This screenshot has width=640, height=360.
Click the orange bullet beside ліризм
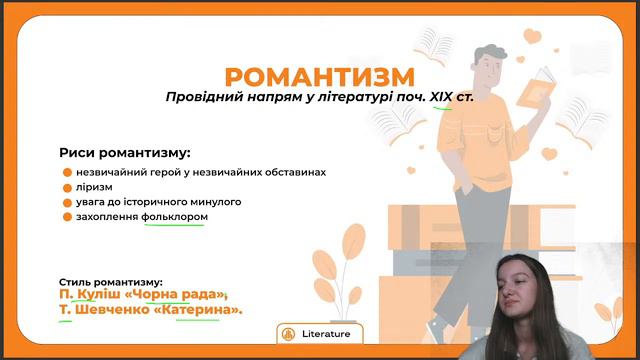tap(67, 187)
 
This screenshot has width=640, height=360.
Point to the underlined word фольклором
tap(175, 216)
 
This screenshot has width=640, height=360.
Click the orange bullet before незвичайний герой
tap(67, 172)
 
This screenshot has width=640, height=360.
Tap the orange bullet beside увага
tap(67, 202)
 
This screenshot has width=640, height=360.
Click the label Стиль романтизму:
tap(111, 283)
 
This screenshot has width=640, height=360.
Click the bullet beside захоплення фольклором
tap(67, 217)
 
